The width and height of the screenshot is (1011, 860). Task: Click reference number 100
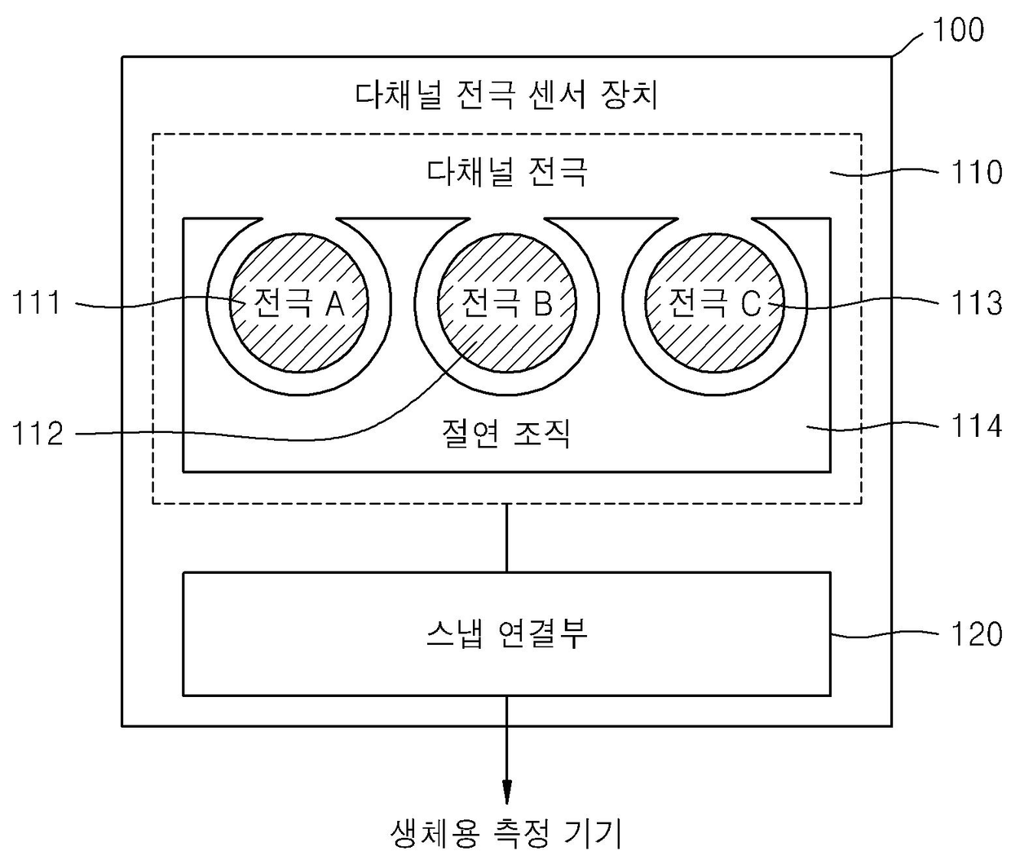pos(958,30)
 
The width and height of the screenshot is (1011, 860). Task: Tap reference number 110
pos(976,173)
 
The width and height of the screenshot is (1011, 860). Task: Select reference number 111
pos(38,304)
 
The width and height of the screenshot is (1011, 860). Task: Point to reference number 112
pos(38,434)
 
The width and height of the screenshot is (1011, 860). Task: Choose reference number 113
pos(976,304)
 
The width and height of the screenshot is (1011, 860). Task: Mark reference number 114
pos(976,426)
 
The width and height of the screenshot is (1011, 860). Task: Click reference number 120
pos(976,634)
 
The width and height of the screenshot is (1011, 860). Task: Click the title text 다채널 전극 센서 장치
pos(506,95)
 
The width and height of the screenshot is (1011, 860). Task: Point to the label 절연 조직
pos(506,433)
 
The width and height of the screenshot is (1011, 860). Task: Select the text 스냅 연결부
pos(506,633)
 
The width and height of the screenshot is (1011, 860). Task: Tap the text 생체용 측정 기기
pos(506,833)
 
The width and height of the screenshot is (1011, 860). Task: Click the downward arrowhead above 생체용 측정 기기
pos(506,790)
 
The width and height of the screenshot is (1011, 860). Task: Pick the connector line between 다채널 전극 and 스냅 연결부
pos(506,538)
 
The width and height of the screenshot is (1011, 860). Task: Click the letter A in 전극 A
pos(335,304)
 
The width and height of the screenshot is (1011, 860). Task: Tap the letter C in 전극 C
pos(751,304)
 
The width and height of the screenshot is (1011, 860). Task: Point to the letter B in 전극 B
pos(543,304)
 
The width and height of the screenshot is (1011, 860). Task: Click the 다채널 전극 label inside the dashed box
pos(506,173)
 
